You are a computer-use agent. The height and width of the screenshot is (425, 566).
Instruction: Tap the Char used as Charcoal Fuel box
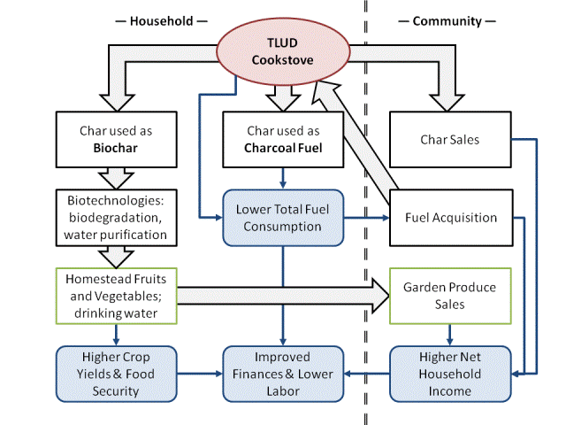click(282, 139)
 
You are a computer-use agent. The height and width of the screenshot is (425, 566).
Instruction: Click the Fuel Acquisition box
click(451, 217)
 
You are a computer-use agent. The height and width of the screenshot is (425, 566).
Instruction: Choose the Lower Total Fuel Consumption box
click(282, 218)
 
